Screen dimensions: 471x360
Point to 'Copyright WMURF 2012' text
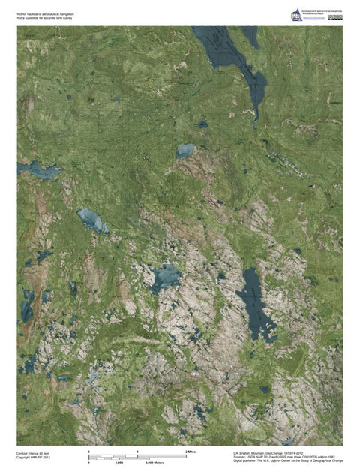click(34, 457)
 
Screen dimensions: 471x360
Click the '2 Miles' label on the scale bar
click(190, 451)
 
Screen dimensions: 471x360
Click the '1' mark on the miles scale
click(138, 451)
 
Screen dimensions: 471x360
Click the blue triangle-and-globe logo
click(299, 13)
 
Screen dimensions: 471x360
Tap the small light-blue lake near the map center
click(184, 151)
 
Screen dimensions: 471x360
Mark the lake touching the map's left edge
click(37, 171)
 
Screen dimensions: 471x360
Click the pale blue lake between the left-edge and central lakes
click(91, 220)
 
